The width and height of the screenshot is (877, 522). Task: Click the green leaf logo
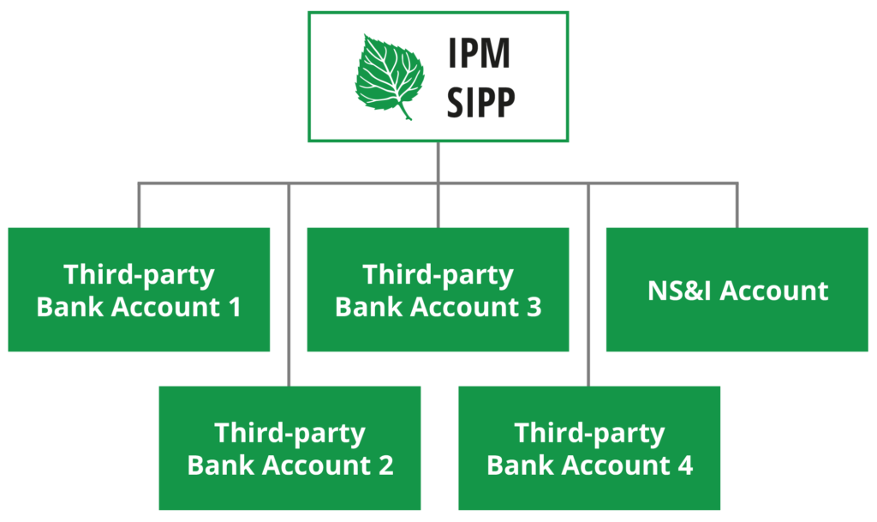pos(391,75)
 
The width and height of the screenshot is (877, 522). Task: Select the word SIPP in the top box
pos(482,102)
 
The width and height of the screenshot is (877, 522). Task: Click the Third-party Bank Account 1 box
pos(139,290)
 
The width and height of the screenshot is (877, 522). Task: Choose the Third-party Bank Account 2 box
pos(289,447)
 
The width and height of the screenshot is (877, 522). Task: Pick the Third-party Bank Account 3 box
pos(438,290)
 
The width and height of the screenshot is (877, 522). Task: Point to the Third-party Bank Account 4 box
pos(589,447)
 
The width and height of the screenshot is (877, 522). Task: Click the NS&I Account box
pos(737,290)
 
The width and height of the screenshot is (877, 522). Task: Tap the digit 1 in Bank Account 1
pos(233,307)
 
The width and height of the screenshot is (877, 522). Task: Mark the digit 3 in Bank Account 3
pos(533,307)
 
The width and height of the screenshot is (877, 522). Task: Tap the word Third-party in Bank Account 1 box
pos(139,275)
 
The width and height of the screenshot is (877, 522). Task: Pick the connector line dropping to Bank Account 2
pos(289,283)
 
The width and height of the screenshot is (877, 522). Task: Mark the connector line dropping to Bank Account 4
pos(588,283)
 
